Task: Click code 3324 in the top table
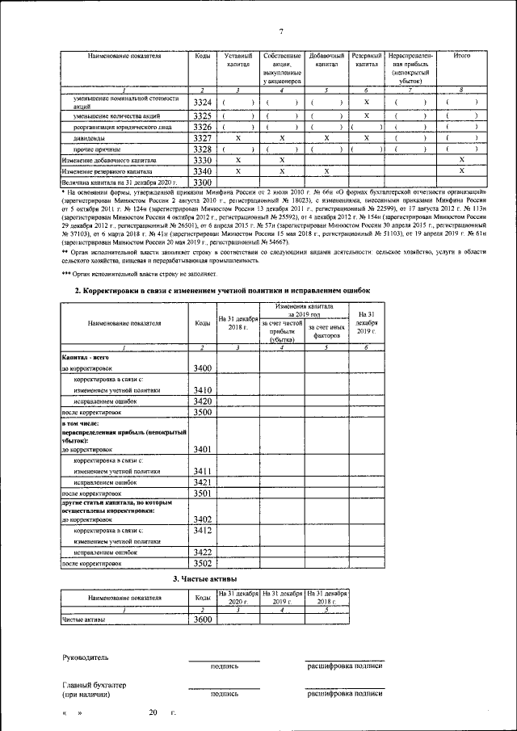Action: click(203, 103)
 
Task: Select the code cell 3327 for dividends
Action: click(203, 138)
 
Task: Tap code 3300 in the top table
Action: click(203, 183)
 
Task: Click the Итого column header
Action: click(462, 55)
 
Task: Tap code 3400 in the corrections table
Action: click(203, 368)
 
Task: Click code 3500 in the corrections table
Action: click(203, 412)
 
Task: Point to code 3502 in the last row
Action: click(203, 564)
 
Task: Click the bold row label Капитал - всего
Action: click(85, 356)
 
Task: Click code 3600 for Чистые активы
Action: click(203, 620)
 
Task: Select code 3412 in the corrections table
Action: click(203, 531)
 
